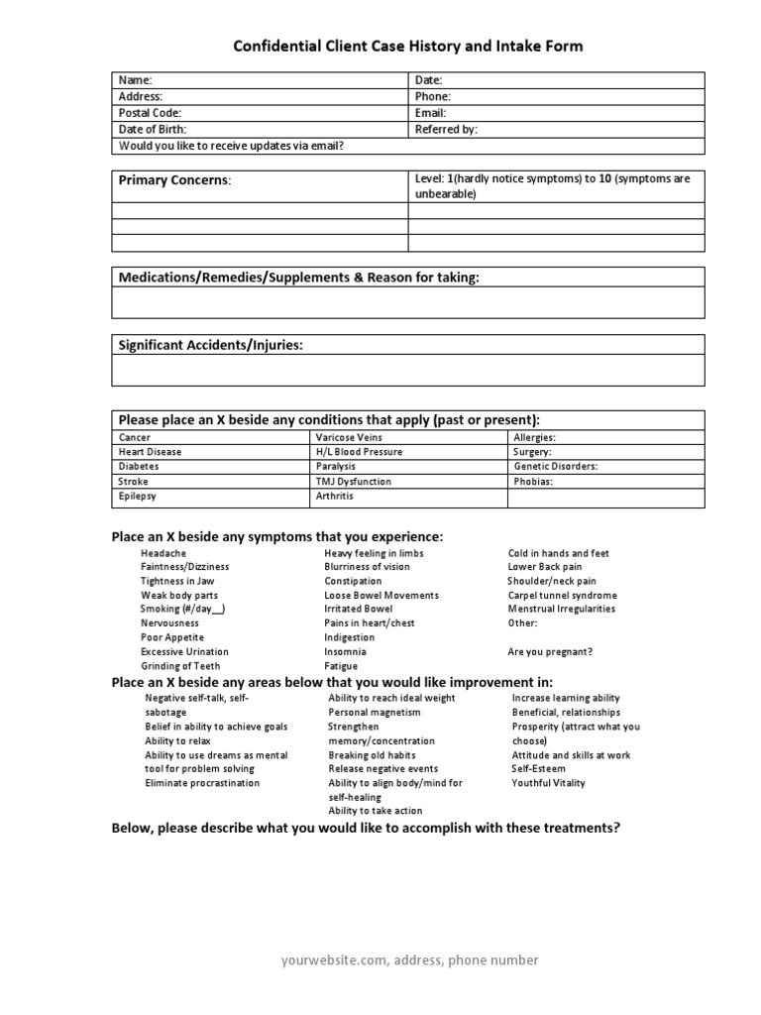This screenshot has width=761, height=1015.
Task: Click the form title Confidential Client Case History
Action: coord(407,46)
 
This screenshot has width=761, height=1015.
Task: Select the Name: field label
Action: coord(135,80)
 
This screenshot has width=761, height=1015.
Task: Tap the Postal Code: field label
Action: coord(150,113)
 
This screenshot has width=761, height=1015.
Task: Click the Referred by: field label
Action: coord(446,129)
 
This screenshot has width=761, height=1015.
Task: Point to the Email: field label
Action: coord(431,113)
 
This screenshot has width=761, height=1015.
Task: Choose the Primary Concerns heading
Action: coord(174,180)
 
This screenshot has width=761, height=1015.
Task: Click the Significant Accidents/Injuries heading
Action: coord(211,345)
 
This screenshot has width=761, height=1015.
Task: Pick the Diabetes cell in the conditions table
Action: coord(139,466)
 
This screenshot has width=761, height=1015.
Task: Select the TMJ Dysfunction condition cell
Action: coord(353,481)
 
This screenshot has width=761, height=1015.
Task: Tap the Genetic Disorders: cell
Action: coord(555,466)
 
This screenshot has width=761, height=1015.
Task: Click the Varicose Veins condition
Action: coord(349,437)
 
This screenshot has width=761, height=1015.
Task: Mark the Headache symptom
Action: coord(163,553)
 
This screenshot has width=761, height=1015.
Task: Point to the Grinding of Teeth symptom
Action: coord(180,666)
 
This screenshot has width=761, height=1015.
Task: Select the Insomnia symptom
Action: coord(345,652)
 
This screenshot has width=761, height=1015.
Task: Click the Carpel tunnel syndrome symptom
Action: coord(562,596)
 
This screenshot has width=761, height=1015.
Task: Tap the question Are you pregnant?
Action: coord(550,652)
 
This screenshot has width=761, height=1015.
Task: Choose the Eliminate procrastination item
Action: coord(202,783)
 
